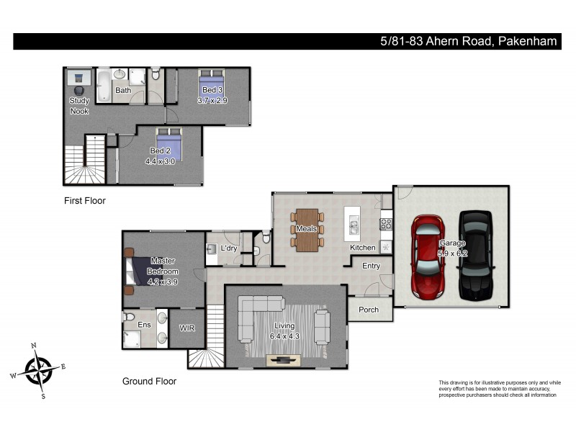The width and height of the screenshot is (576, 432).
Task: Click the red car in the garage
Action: coord(429,255)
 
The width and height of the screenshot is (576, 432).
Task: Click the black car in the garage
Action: coord(475,255)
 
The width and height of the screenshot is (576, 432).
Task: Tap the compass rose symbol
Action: coord(38,370)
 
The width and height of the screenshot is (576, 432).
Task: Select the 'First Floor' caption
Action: coord(84,201)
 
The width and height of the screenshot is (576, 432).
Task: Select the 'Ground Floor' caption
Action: coord(149,382)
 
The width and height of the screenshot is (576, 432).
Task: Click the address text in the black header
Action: coord(469,42)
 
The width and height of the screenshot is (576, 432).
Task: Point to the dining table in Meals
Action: coord(307,230)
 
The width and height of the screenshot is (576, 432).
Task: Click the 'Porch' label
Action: coord(368,310)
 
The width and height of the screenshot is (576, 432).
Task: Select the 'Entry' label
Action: coord(371,266)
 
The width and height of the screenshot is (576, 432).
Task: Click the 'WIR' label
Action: coord(187,328)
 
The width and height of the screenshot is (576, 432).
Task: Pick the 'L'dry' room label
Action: coord(229,248)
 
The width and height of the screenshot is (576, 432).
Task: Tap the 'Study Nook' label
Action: coord(79,106)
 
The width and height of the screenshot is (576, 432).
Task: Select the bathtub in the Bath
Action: coord(104,85)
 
